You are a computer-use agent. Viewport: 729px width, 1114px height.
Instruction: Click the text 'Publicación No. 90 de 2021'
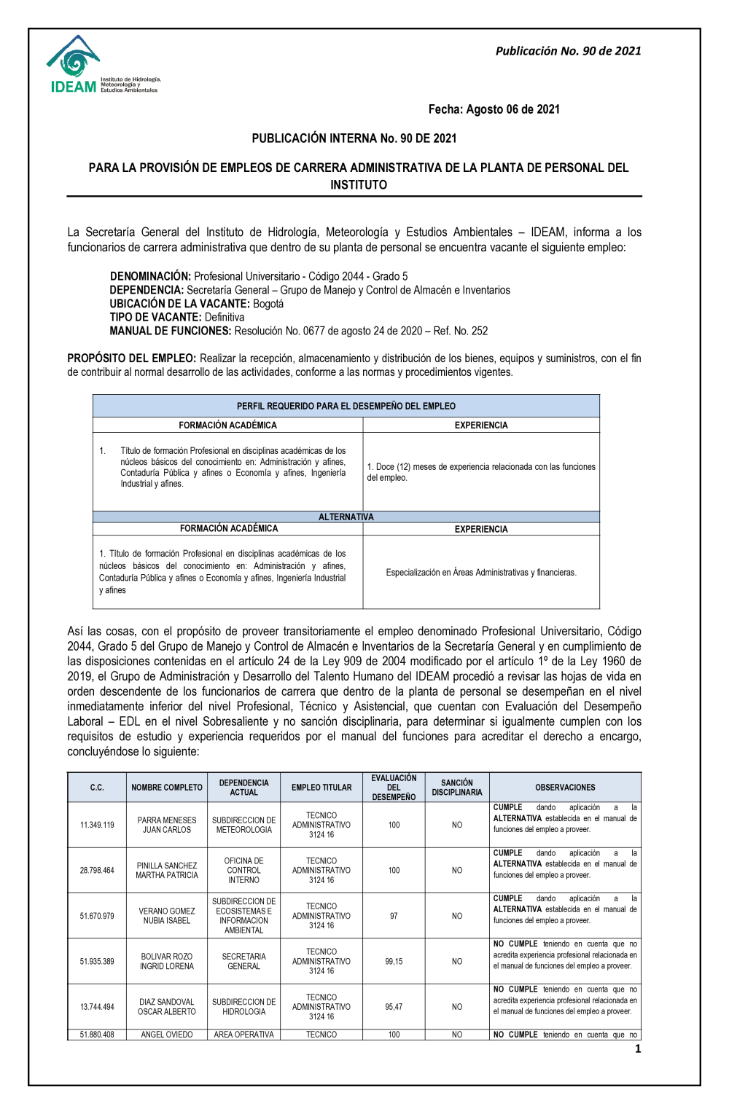pyautogui.click(x=568, y=51)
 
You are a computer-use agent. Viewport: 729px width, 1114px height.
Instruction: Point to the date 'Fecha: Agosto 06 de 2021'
pyautogui.click(x=494, y=109)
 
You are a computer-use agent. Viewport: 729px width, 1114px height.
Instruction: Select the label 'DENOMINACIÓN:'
pyautogui.click(x=150, y=276)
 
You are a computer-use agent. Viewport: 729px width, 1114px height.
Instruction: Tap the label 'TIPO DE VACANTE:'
pyautogui.click(x=155, y=317)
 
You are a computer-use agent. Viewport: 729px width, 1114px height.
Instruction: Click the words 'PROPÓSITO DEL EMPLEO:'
pyautogui.click(x=132, y=358)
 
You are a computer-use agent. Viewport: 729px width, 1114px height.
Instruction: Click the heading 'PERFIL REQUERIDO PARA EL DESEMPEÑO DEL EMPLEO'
pyautogui.click(x=346, y=406)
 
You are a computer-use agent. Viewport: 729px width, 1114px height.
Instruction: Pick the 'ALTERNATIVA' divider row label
pyautogui.click(x=346, y=517)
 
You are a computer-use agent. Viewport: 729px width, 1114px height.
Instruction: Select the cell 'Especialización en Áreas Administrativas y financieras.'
pyautogui.click(x=481, y=573)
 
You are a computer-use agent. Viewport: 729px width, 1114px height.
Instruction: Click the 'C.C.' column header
pyautogui.click(x=97, y=788)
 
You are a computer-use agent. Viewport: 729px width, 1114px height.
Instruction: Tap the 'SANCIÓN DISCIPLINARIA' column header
pyautogui.click(x=457, y=788)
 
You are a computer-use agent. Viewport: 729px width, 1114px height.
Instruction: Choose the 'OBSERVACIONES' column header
pyautogui.click(x=565, y=788)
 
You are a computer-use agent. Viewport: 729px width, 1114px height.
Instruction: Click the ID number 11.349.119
pyautogui.click(x=97, y=825)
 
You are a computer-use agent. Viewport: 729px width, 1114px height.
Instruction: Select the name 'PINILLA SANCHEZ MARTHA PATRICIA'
pyautogui.click(x=167, y=871)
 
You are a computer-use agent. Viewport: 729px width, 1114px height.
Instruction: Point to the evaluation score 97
pyautogui.click(x=394, y=916)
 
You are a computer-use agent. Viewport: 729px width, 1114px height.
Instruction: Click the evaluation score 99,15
pyautogui.click(x=394, y=962)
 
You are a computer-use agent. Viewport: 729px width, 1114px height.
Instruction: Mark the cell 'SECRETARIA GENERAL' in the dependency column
pyautogui.click(x=243, y=962)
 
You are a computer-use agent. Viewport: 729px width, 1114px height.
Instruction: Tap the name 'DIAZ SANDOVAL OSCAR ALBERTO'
pyautogui.click(x=167, y=1007)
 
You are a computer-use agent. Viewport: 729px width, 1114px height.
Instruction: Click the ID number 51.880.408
pyautogui.click(x=97, y=1035)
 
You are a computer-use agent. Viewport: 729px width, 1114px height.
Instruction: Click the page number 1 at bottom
pyautogui.click(x=638, y=1049)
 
